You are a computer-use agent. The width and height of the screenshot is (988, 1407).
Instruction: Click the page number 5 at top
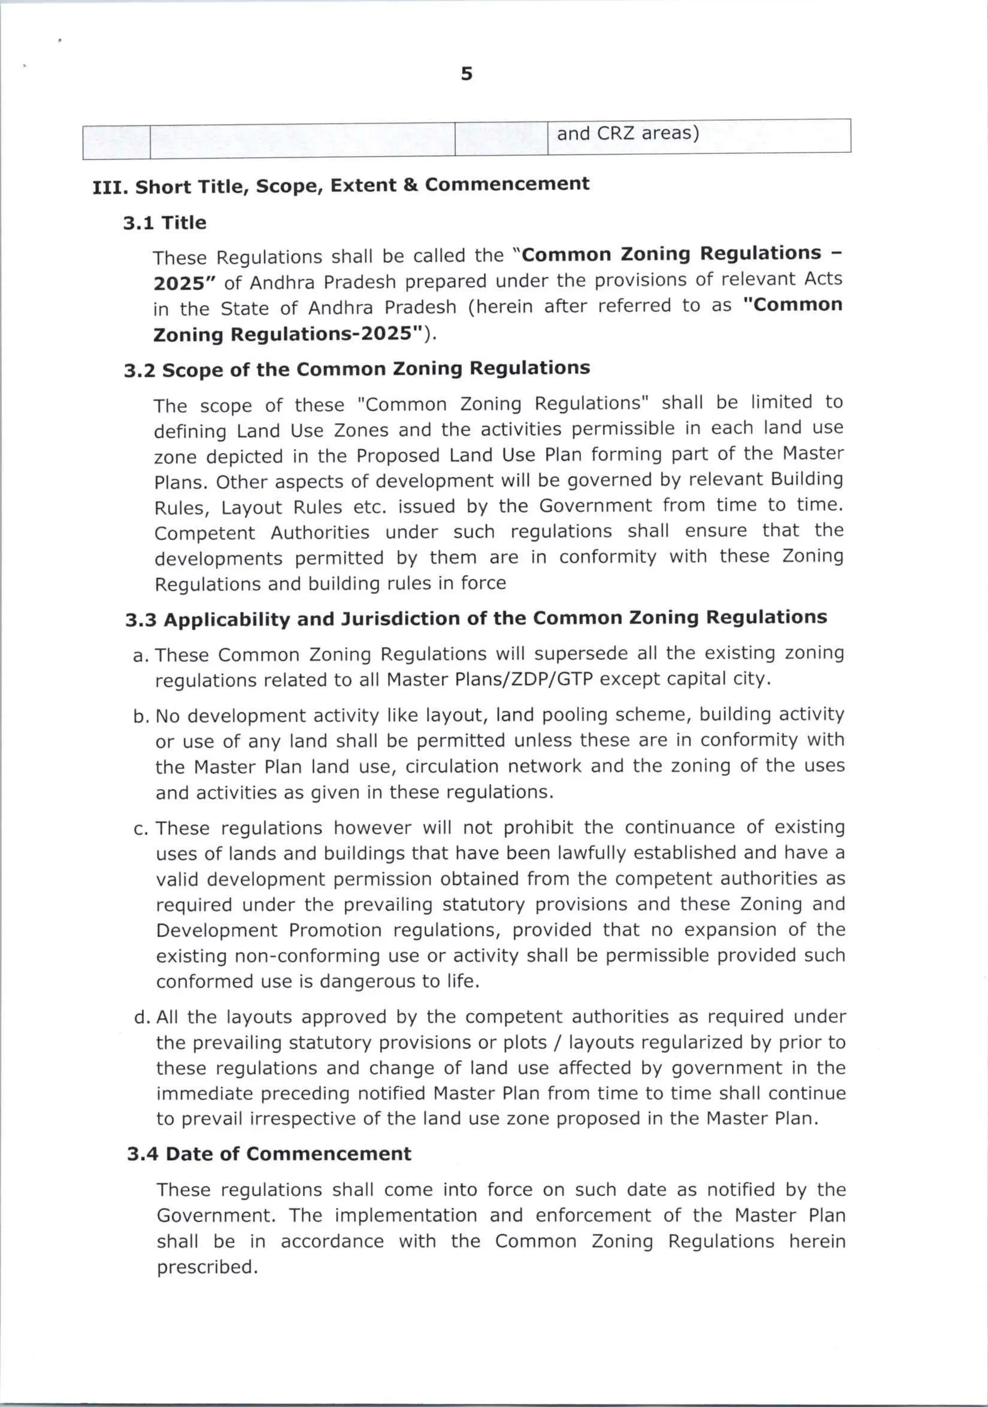point(467,75)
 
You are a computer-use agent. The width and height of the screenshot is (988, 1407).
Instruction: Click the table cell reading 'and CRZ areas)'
point(628,134)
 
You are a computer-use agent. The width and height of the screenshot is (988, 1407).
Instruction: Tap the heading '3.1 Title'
point(164,223)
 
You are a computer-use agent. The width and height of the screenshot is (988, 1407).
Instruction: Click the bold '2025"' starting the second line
point(178,284)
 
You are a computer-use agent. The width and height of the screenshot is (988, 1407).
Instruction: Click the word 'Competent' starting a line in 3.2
point(204,533)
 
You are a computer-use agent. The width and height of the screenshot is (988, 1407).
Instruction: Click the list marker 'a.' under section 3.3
point(141,656)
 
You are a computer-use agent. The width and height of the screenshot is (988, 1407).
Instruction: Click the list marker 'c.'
point(141,830)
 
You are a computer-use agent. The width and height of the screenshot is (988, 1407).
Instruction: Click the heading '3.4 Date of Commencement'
point(269,1154)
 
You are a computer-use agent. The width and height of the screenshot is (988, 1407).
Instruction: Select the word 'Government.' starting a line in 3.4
point(217,1215)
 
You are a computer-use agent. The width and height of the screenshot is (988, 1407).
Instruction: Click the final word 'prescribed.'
point(206,1267)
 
